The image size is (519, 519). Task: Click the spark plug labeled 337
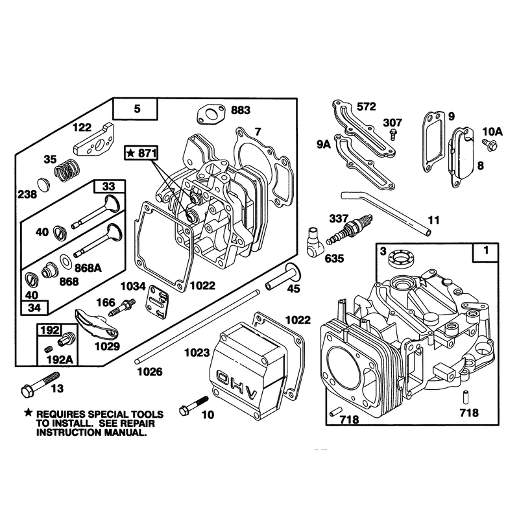pos(350,229)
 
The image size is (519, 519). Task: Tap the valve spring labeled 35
pos(67,170)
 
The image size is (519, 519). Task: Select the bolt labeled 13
pos(40,384)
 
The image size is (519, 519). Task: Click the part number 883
pos(240,110)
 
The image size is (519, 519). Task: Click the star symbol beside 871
pos(131,153)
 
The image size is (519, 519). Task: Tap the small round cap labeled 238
pos(43,184)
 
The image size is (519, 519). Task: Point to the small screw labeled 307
pos(393,134)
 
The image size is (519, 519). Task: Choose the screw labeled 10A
pos(490,145)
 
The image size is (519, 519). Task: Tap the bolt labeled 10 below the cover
pos(193,406)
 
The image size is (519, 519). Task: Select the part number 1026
pos(150,372)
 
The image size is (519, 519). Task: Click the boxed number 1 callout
pos(485,252)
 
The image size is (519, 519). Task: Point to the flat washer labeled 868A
pos(66,261)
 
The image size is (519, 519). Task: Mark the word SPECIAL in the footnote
pos(108,415)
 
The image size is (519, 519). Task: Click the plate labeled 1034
pos(157,302)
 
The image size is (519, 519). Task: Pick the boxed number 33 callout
pos(109,186)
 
